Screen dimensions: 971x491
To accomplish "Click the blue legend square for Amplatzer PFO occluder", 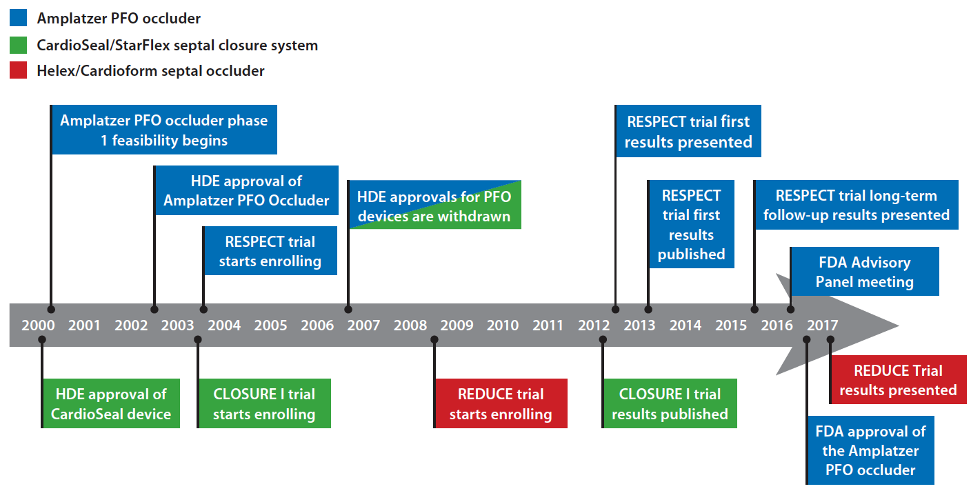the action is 18,18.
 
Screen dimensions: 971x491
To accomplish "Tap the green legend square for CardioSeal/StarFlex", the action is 18,45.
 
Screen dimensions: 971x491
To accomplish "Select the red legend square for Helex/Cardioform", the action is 18,70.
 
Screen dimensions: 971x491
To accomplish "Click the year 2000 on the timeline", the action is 38,325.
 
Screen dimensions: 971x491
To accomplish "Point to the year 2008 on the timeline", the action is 410,325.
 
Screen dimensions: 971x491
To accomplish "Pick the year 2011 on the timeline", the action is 548,325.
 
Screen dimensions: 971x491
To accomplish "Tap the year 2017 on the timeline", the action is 822,325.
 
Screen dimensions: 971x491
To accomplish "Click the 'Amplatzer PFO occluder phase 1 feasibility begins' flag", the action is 164,130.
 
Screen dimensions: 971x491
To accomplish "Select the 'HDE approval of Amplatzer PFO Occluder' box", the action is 247,190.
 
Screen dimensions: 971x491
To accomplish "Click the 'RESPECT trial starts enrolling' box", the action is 270,250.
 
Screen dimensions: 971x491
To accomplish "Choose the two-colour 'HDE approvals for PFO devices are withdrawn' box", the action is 435,205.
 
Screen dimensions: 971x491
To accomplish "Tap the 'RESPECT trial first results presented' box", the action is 688,131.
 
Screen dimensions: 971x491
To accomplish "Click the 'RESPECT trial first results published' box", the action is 692,224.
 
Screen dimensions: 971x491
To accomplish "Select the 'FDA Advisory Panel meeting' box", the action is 865,271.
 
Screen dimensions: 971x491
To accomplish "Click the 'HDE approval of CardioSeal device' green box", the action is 112,403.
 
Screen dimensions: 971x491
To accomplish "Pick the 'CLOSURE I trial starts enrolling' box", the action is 265,403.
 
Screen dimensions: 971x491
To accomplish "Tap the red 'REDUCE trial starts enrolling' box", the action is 501,403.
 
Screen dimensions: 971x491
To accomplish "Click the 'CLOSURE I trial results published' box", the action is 670,403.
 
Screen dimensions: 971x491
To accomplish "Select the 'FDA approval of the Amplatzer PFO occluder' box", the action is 871,450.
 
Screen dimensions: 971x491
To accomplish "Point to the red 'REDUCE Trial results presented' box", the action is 899,379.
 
